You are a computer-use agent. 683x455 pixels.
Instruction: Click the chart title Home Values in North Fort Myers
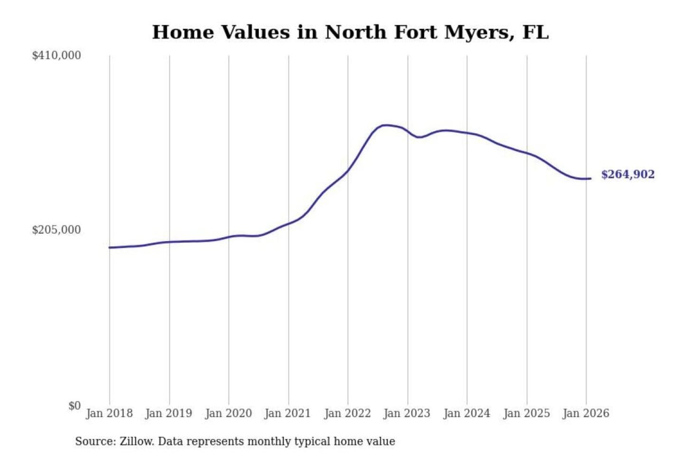click(x=350, y=32)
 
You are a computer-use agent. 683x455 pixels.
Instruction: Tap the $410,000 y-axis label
click(x=56, y=55)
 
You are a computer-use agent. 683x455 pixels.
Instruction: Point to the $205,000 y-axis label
click(x=56, y=230)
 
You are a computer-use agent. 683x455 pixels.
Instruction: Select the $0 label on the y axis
click(x=74, y=406)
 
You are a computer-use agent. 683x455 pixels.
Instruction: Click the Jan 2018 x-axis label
click(x=109, y=413)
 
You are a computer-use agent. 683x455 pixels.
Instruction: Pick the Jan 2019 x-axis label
click(x=169, y=413)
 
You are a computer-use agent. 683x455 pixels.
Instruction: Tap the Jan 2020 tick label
click(x=228, y=413)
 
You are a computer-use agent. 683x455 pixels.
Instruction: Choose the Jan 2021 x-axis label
click(x=287, y=413)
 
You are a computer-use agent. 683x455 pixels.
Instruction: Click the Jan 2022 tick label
click(x=347, y=413)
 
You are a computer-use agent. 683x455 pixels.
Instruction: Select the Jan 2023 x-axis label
click(x=406, y=413)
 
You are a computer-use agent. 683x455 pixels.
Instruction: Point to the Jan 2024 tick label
click(x=466, y=413)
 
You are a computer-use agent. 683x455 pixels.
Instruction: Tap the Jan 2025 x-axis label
click(x=526, y=413)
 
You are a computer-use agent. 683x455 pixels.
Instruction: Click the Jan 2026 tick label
click(x=585, y=413)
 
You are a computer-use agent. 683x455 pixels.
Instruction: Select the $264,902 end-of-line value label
click(x=628, y=174)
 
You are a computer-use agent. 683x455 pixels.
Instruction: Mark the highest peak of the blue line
click(x=386, y=125)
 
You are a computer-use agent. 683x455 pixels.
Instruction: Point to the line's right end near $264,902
click(x=590, y=178)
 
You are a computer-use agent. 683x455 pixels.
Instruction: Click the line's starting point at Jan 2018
click(x=110, y=247)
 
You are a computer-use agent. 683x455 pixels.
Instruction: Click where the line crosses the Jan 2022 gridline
click(x=348, y=171)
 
